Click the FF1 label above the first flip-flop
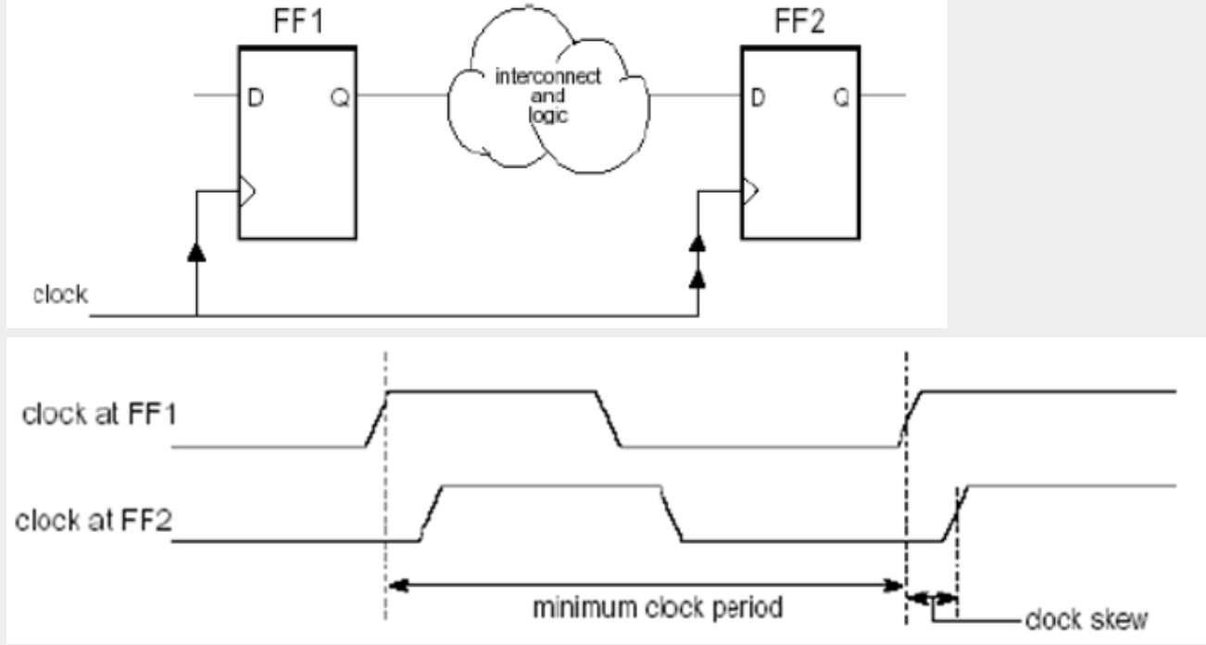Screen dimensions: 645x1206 (x=295, y=21)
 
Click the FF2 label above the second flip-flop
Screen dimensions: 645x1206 (x=802, y=21)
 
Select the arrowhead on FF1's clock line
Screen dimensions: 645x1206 (x=197, y=251)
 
